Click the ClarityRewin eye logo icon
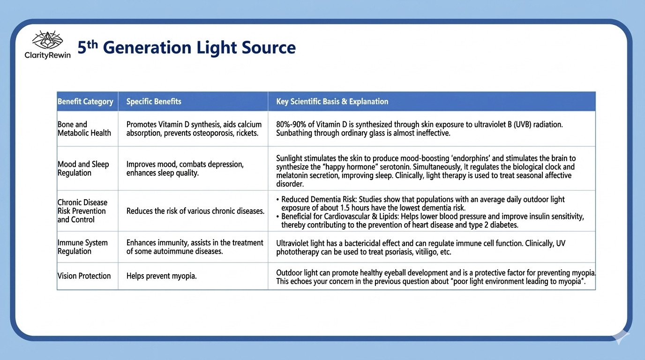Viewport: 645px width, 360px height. (47, 40)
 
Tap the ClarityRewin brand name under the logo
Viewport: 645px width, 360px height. (47, 55)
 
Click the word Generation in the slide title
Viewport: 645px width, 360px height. (147, 47)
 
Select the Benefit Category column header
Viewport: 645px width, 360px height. (85, 101)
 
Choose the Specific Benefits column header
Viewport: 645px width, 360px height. (154, 101)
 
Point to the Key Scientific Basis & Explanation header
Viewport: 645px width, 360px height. (332, 101)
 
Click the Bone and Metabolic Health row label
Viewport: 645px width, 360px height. (84, 128)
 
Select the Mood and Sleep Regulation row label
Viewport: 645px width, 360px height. (83, 168)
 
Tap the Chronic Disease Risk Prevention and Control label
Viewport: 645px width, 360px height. (82, 211)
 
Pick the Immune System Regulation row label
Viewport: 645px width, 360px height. (82, 247)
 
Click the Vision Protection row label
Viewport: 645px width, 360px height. (84, 276)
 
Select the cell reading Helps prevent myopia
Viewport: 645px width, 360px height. (162, 276)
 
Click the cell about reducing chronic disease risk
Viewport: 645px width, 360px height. (195, 211)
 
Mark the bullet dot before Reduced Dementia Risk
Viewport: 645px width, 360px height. (277, 200)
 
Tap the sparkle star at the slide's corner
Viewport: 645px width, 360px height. (621, 336)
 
